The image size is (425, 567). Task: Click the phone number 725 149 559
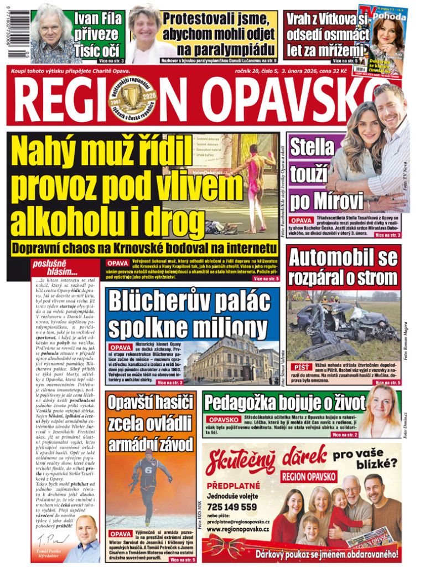[232, 506]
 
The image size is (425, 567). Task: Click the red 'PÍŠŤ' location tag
[302, 367]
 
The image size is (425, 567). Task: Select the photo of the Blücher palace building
[232, 360]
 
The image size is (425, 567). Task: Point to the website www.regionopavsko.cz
[239, 530]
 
